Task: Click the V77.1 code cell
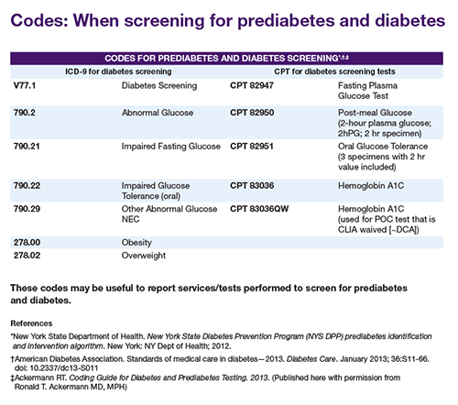25,85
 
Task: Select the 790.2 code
25,113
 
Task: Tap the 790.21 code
27,147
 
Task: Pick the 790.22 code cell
27,186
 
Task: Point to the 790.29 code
27,209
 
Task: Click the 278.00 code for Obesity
27,243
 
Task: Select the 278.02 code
27,256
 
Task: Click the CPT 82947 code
252,85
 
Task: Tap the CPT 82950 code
252,113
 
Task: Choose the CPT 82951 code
252,147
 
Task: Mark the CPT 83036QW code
259,209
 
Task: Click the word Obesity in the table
136,243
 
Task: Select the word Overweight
144,256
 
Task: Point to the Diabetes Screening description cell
159,86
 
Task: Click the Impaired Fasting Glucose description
171,147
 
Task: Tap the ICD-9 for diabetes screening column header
118,71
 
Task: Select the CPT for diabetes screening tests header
334,71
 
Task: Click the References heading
31,323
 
